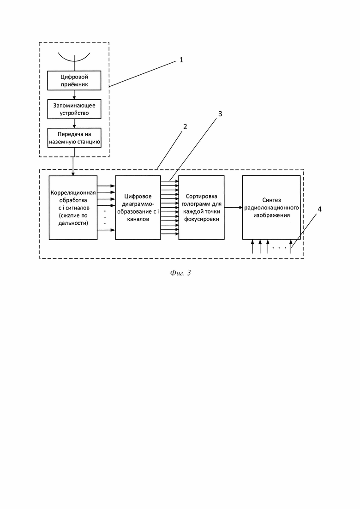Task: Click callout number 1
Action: tap(181, 60)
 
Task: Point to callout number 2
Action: tap(185, 126)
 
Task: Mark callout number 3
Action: tap(220, 114)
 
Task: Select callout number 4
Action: tap(319, 209)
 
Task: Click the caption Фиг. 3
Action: tap(180, 273)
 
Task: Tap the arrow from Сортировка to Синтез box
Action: tap(234, 208)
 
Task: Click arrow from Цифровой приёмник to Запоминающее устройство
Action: tap(74, 95)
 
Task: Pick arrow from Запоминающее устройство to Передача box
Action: tap(74, 123)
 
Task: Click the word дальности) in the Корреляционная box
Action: tap(73, 223)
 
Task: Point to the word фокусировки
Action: tap(202, 219)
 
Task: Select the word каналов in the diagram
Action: tap(138, 219)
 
